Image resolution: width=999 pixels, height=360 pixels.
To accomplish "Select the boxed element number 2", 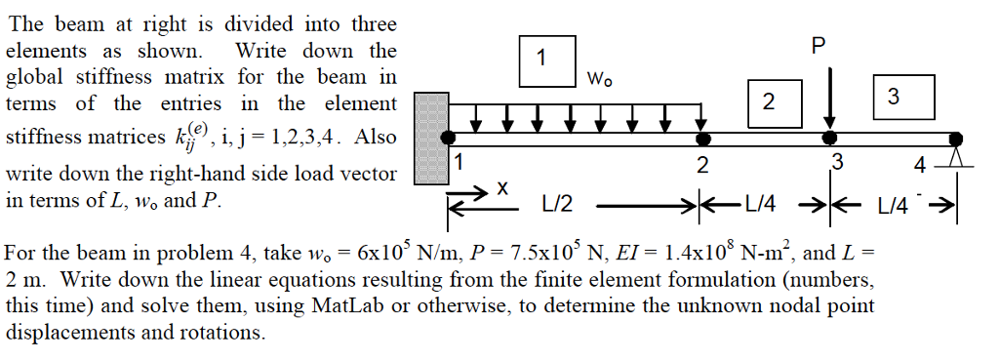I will [x=769, y=100].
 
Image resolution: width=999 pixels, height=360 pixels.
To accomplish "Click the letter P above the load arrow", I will [x=818, y=45].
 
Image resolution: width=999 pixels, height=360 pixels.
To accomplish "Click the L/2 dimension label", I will [x=558, y=205].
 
